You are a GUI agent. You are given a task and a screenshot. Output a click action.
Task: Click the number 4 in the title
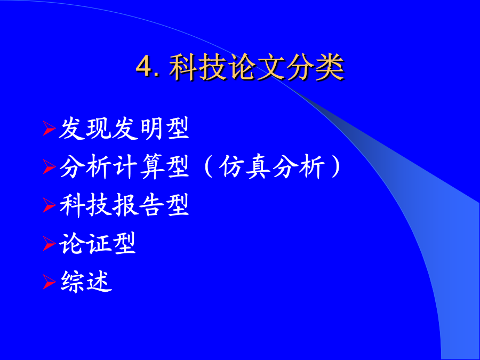coord(144,66)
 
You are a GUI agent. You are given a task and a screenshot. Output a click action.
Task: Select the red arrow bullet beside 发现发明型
coord(49,128)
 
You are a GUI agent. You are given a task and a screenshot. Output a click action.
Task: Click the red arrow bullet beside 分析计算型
coord(49,167)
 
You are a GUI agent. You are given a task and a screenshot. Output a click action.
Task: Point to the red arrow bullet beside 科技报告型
coord(49,205)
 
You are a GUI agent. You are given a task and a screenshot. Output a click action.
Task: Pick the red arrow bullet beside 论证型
coord(49,244)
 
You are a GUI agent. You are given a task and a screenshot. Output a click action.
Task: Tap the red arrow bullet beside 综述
coord(49,282)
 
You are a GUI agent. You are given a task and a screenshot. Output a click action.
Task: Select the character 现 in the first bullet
coord(98,129)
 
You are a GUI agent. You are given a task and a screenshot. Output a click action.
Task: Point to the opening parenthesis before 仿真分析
coord(208,167)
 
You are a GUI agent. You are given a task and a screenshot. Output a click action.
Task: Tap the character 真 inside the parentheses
coord(258,167)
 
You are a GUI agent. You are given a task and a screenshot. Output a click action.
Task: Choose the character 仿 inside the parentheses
coord(232,167)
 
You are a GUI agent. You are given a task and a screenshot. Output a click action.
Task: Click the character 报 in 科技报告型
coord(124,205)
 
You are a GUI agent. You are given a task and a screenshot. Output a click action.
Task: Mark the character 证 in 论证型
coord(98,244)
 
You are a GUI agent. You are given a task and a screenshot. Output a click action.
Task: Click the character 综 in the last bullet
coord(72,282)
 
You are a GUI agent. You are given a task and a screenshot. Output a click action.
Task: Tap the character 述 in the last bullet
coord(99,282)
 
